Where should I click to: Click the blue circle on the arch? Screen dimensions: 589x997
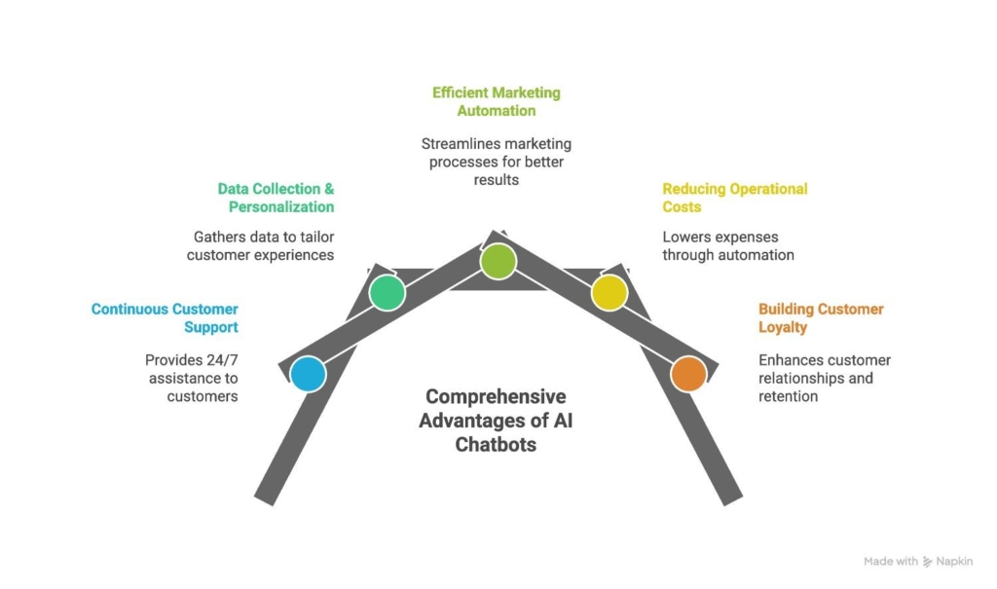(309, 374)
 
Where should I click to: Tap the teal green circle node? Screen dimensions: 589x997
(388, 292)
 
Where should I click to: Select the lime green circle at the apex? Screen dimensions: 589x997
(498, 261)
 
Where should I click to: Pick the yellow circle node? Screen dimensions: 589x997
(609, 292)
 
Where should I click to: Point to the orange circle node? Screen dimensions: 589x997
(688, 374)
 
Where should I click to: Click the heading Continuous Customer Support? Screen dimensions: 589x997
(165, 318)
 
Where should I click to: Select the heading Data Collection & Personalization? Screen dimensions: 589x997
(276, 198)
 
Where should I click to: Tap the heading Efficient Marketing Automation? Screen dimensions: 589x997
(497, 102)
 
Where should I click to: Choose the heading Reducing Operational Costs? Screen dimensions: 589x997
(735, 198)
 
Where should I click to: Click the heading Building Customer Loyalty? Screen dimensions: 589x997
(821, 318)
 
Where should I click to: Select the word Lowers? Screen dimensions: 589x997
(686, 237)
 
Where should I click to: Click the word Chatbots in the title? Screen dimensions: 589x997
(496, 444)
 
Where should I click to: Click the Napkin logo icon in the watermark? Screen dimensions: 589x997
(928, 562)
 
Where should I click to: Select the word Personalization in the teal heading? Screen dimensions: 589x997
(281, 206)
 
